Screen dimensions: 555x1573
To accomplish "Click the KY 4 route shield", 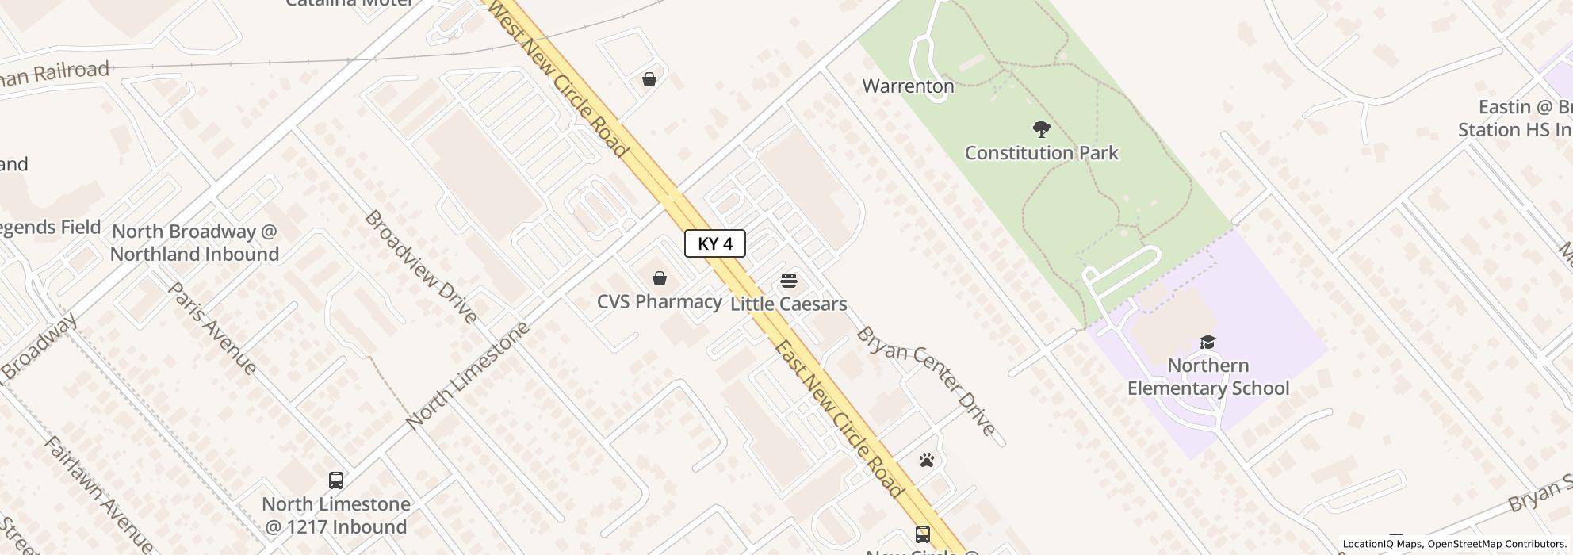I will (x=714, y=244).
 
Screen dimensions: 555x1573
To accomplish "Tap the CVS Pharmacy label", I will (x=659, y=302).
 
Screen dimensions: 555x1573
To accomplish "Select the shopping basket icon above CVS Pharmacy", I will (x=659, y=278).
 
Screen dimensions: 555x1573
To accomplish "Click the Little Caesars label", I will (x=788, y=304).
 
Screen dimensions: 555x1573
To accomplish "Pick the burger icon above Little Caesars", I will (x=788, y=281).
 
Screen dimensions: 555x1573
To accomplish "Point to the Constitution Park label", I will (x=1041, y=153).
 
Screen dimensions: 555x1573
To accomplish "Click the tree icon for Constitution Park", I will (x=1041, y=128).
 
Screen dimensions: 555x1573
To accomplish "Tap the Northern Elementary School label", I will (x=1208, y=377).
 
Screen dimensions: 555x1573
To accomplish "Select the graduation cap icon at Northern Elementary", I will (x=1207, y=342).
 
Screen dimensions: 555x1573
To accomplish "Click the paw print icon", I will (x=927, y=460).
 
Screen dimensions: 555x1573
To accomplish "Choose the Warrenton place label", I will (x=908, y=86).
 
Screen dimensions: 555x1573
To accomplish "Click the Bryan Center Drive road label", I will (x=925, y=381).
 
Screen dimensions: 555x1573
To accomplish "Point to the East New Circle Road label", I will (x=839, y=419).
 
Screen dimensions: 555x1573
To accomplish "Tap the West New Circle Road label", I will (x=559, y=78).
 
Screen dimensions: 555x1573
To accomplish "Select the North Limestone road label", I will (x=467, y=377).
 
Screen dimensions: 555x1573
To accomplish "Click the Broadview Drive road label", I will (x=421, y=267).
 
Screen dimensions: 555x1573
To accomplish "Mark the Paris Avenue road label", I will (x=212, y=328).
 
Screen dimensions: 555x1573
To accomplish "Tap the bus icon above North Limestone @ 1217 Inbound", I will (x=336, y=480).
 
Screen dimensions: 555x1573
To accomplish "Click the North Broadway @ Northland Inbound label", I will (x=194, y=243).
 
